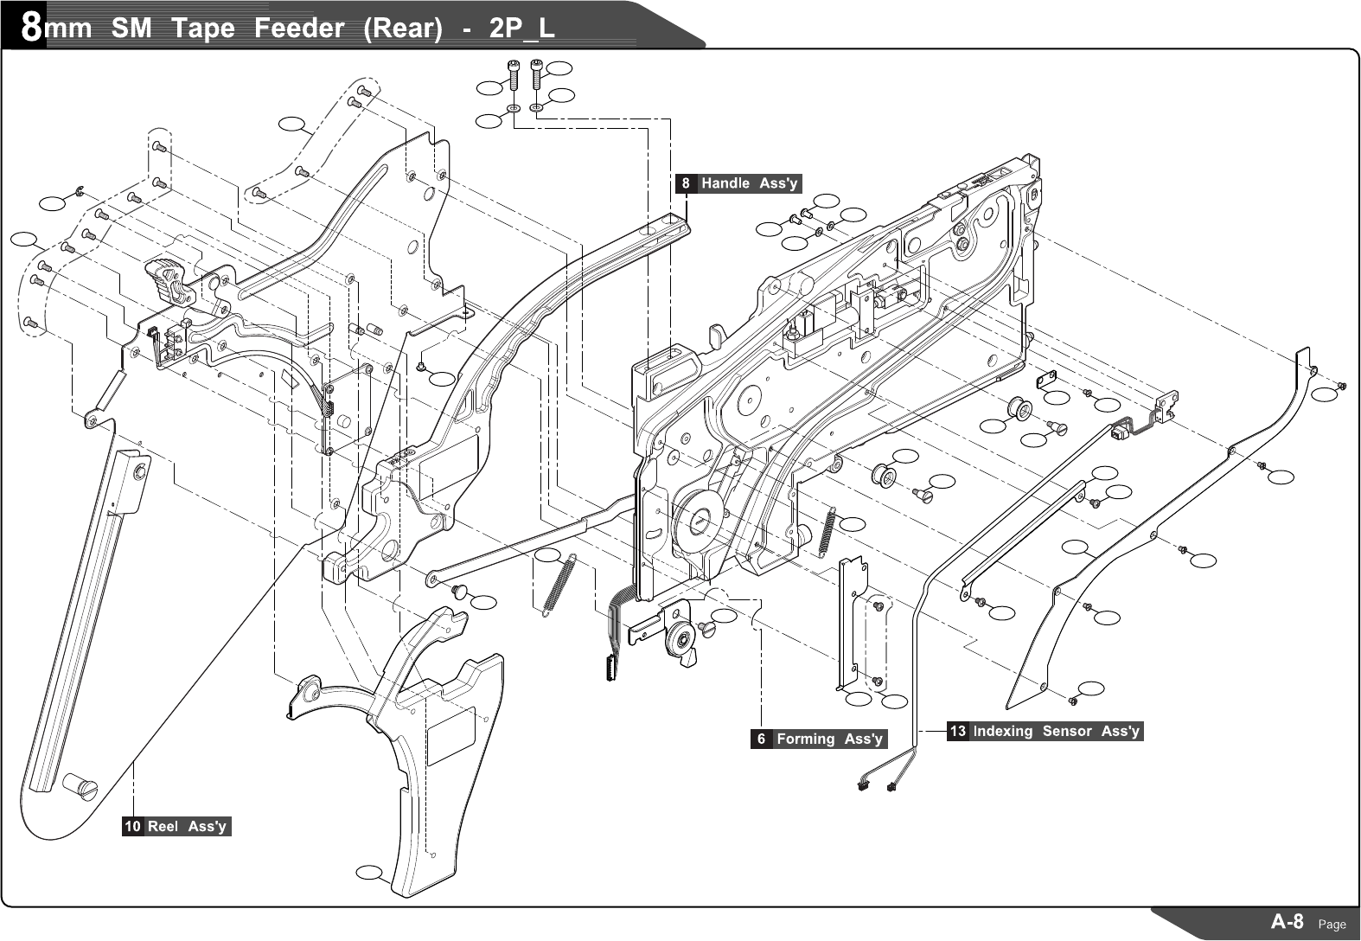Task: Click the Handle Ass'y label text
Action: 749,183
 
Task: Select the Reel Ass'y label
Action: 187,826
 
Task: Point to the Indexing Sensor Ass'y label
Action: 1056,731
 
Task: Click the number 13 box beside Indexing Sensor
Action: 958,731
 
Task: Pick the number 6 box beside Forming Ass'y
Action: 761,739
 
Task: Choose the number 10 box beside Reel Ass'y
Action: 132,826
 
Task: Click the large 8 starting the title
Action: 31,28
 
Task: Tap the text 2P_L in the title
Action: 521,29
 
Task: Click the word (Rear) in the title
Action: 403,29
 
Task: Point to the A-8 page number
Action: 1287,921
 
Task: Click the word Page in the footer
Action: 1332,924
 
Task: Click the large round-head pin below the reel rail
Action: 80,787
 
